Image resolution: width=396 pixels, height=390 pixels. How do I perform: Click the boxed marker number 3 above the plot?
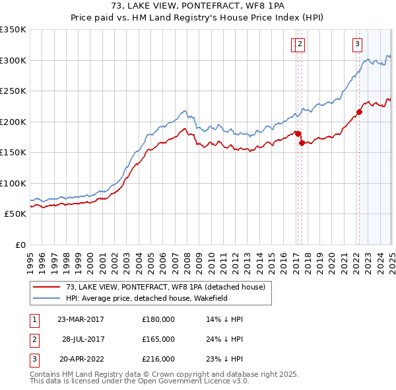click(x=357, y=45)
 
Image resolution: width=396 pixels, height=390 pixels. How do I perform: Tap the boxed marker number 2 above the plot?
click(x=300, y=45)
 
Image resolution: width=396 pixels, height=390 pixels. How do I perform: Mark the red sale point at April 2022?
click(x=359, y=112)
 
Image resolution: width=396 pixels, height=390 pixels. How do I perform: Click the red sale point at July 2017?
click(x=302, y=143)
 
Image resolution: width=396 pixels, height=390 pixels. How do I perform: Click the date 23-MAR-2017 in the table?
click(x=81, y=319)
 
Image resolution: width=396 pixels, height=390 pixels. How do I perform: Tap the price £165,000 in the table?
click(x=158, y=339)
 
